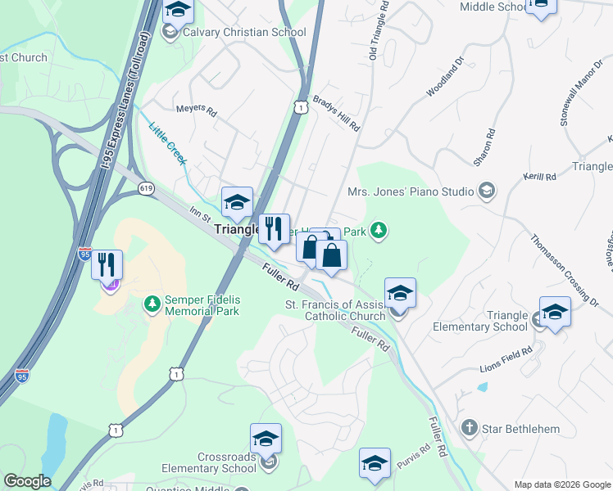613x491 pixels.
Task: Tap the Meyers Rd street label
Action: tap(197, 110)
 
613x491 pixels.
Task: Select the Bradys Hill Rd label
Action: tap(337, 110)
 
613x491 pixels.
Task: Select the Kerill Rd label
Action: tap(540, 177)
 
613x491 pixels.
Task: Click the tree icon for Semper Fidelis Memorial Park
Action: tap(152, 305)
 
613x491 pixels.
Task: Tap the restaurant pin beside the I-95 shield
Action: tap(107, 265)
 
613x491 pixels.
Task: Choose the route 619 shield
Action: tap(146, 188)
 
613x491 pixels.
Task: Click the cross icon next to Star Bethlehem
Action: tap(469, 427)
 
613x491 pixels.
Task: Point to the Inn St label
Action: tap(201, 215)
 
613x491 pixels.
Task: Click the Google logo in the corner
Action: tap(27, 481)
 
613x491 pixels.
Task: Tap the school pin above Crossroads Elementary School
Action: tap(266, 439)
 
